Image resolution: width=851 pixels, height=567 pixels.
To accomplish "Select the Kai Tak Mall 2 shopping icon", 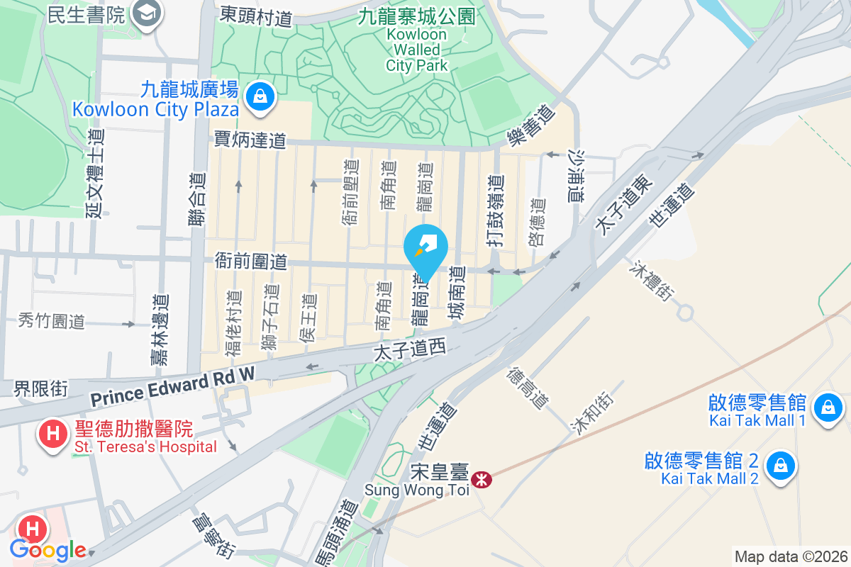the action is pyautogui.click(x=780, y=466).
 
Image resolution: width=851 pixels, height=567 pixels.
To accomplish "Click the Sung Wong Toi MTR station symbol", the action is pyautogui.click(x=483, y=480).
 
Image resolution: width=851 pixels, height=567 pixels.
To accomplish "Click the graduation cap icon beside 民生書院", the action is pyautogui.click(x=148, y=12).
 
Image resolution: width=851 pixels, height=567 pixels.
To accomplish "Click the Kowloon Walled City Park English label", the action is pyautogui.click(x=417, y=50).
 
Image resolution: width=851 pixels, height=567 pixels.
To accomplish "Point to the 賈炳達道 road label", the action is pyautogui.click(x=250, y=140).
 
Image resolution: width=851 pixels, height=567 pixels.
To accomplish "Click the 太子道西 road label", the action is pyautogui.click(x=408, y=348).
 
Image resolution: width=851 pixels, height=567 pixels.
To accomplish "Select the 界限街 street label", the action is pyautogui.click(x=41, y=388).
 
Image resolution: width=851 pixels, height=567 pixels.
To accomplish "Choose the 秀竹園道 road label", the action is pyautogui.click(x=52, y=320).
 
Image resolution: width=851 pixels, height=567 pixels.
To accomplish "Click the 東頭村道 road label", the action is pyautogui.click(x=256, y=16).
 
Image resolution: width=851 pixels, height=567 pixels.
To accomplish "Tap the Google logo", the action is pyautogui.click(x=48, y=550).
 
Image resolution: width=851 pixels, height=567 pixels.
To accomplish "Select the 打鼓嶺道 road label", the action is pyautogui.click(x=496, y=210).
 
